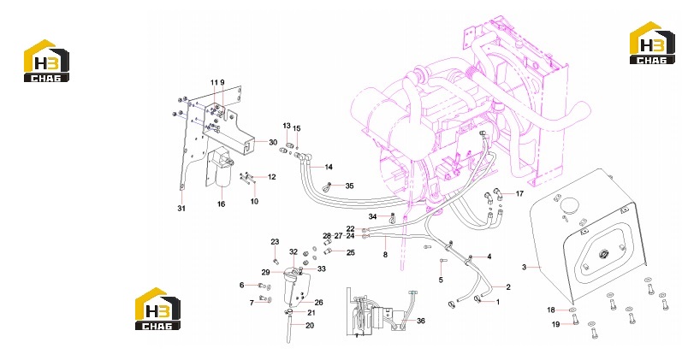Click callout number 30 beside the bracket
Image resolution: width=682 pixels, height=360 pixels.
click(x=273, y=142)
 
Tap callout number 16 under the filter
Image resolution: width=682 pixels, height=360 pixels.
click(x=222, y=204)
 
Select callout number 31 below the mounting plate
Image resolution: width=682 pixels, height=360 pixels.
click(x=181, y=209)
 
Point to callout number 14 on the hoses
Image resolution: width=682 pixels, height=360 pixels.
click(x=329, y=167)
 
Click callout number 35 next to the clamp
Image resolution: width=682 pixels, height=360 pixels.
click(x=349, y=186)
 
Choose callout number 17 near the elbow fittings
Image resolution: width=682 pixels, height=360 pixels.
click(x=519, y=194)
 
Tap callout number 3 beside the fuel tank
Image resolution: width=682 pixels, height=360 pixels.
click(x=524, y=267)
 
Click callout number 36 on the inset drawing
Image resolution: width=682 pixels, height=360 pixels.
click(x=421, y=321)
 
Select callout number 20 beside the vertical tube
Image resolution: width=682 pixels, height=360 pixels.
click(x=310, y=325)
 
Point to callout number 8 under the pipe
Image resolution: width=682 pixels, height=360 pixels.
click(x=385, y=255)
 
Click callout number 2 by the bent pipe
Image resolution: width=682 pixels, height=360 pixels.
click(x=508, y=287)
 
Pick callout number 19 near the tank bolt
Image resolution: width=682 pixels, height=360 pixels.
click(x=555, y=324)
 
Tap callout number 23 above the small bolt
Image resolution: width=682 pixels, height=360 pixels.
click(x=275, y=242)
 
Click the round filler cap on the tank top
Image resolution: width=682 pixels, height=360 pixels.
click(x=568, y=204)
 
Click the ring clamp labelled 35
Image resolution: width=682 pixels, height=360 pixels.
click(x=327, y=187)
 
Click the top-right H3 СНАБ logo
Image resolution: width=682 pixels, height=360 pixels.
click(x=652, y=43)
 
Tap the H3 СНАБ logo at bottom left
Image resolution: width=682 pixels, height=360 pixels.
click(x=157, y=309)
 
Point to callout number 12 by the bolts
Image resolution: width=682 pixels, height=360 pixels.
click(x=271, y=177)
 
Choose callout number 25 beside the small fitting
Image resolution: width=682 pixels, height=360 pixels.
click(x=350, y=252)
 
